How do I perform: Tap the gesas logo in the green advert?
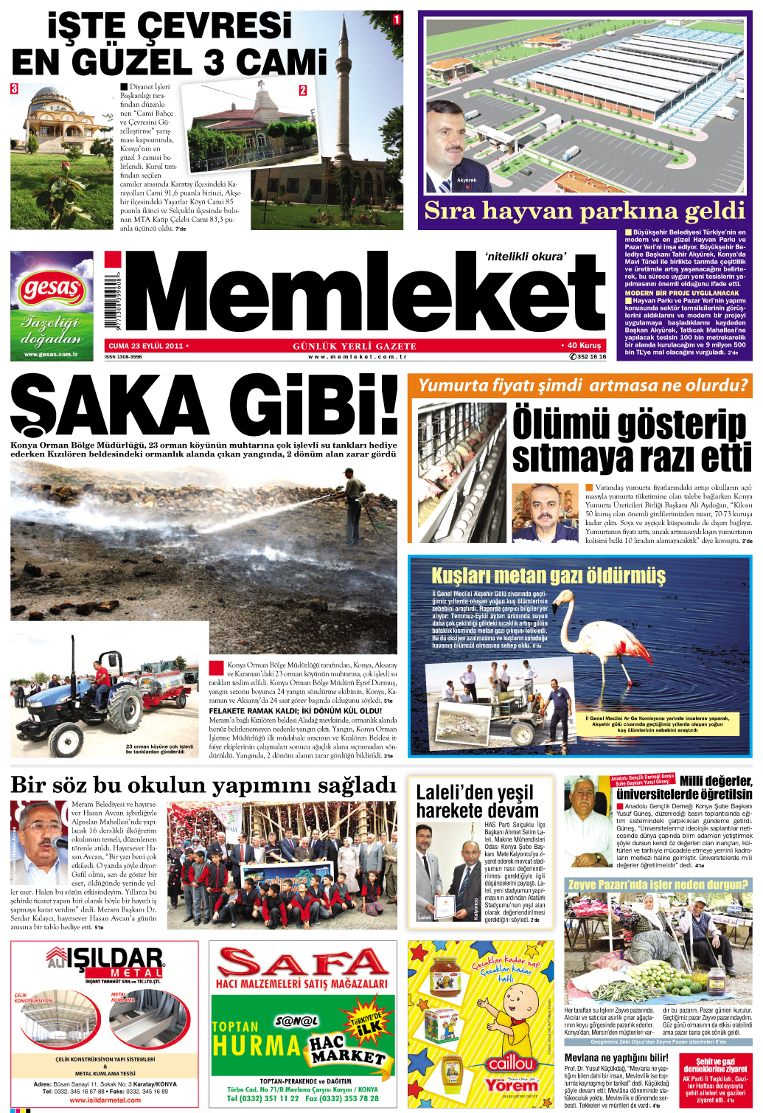coord(51,288)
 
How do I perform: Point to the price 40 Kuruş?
coord(583,345)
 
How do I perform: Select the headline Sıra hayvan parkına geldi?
coord(585,211)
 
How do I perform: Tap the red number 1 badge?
coord(397,19)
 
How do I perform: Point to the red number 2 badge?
coord(302,90)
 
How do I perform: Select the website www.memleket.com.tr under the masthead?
coord(358,357)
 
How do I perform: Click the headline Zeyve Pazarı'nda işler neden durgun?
coord(658,884)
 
